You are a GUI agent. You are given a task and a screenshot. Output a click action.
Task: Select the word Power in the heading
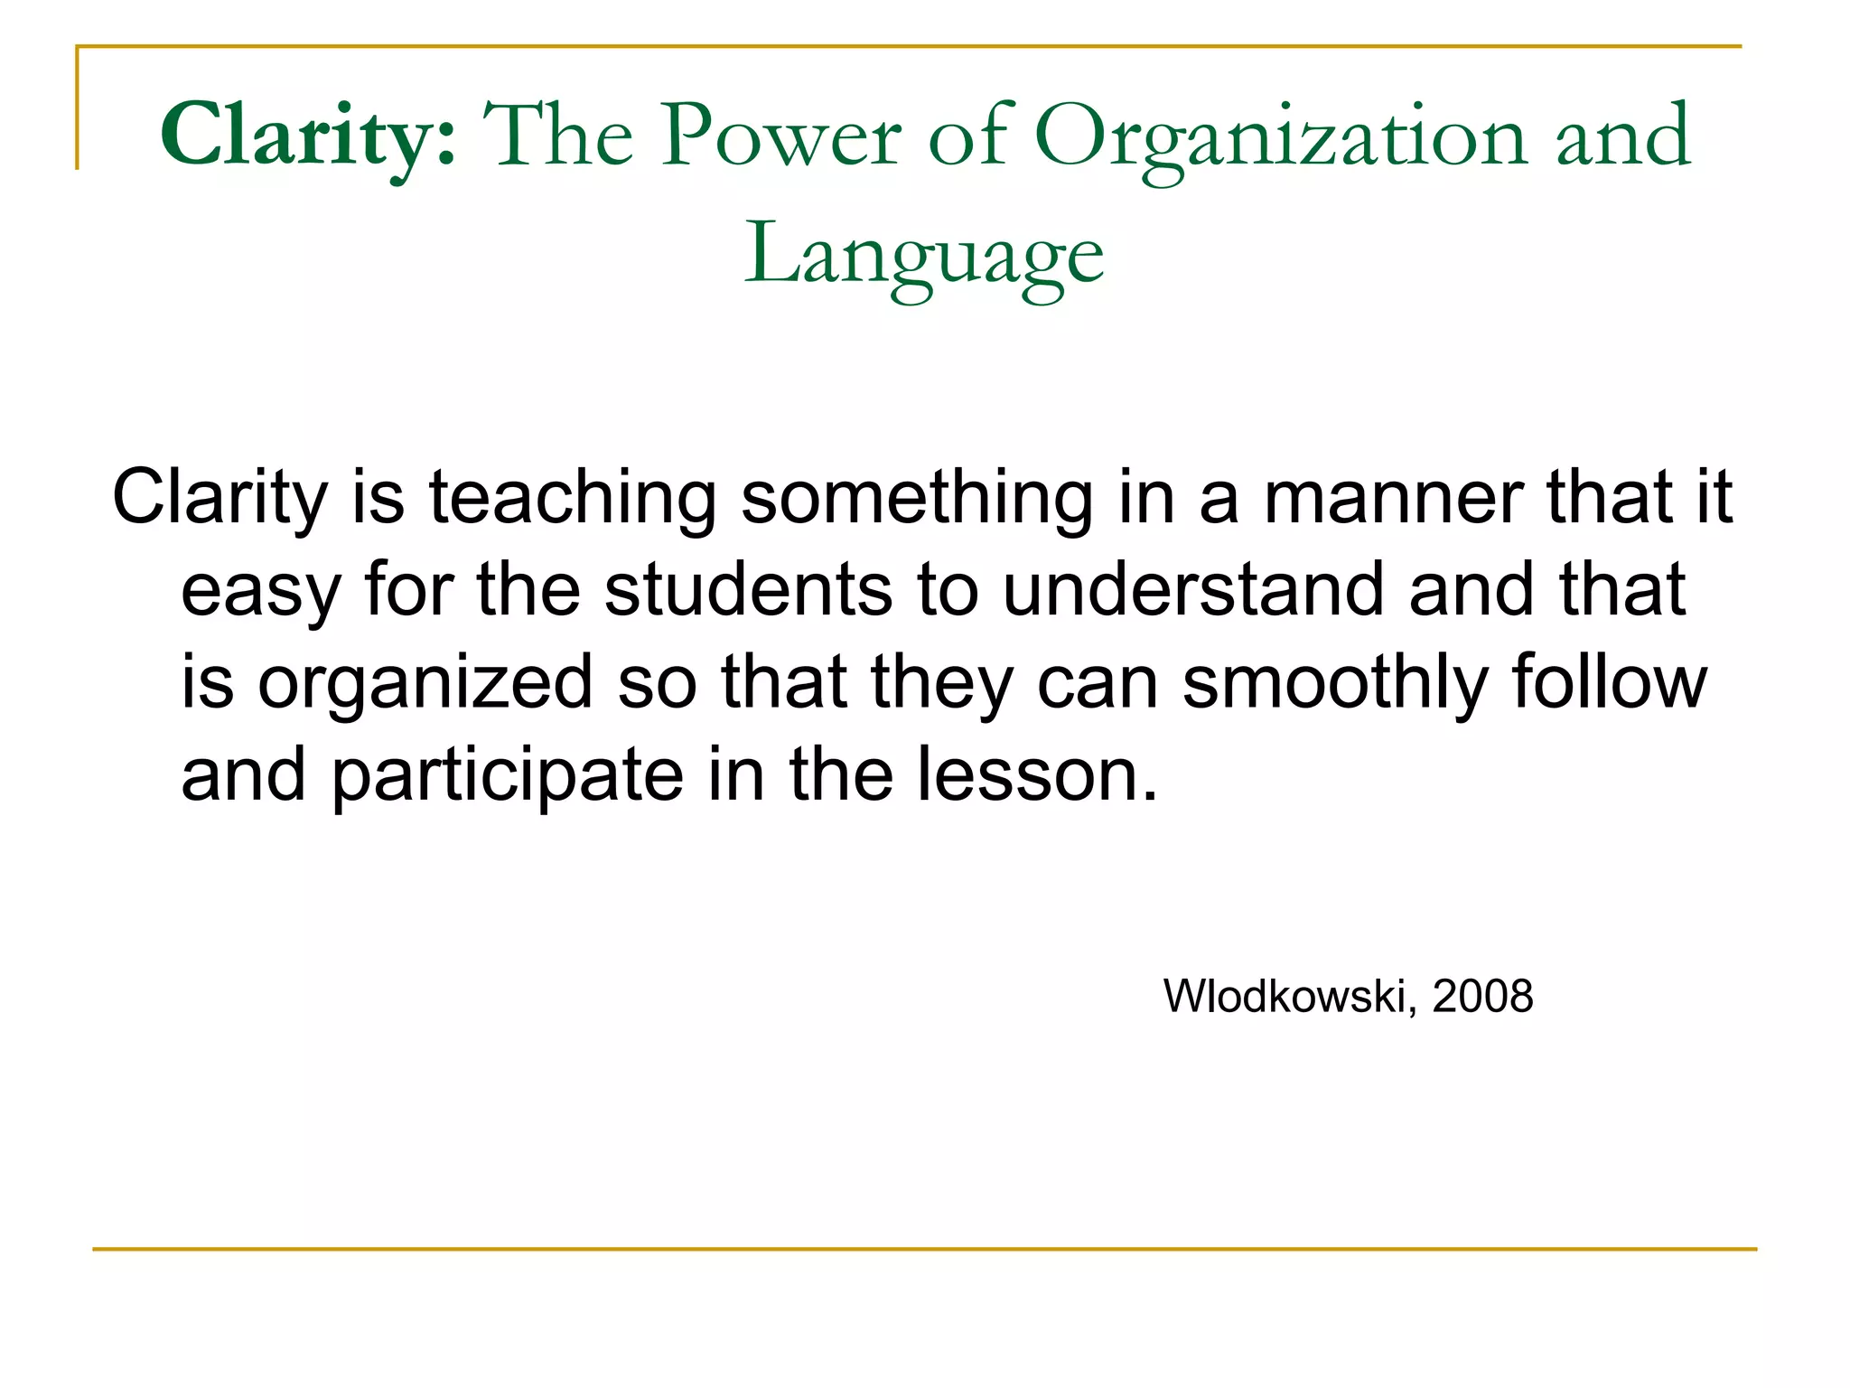(781, 136)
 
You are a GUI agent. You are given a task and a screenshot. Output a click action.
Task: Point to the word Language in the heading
(923, 256)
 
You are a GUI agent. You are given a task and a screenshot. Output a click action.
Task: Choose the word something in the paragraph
(917, 498)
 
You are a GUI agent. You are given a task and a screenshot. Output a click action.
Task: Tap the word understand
(1193, 590)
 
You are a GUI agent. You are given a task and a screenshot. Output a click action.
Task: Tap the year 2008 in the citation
(1482, 997)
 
